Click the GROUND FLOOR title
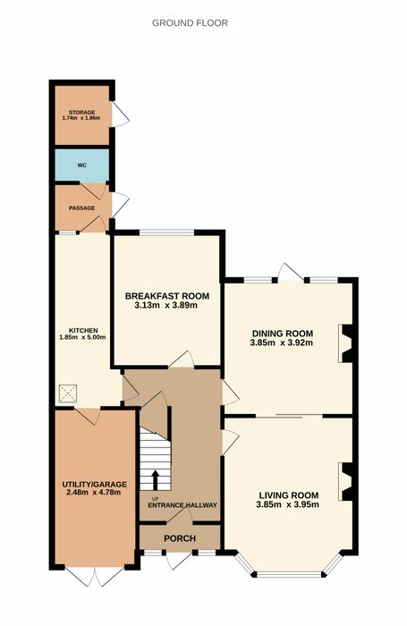[190, 22]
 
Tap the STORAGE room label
[81, 113]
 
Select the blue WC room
[82, 165]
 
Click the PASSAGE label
[82, 208]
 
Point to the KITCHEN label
[83, 331]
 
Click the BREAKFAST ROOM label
[167, 296]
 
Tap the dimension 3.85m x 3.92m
[282, 343]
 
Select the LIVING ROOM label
[288, 495]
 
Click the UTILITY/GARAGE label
[94, 485]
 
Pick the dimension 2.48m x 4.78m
[94, 492]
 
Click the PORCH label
[180, 538]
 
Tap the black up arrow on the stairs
[156, 480]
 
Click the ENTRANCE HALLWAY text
[182, 505]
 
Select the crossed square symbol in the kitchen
[68, 394]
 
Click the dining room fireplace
[346, 343]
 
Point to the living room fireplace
[346, 481]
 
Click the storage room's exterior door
[120, 114]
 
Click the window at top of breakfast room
[166, 233]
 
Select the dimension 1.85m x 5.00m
[83, 337]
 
